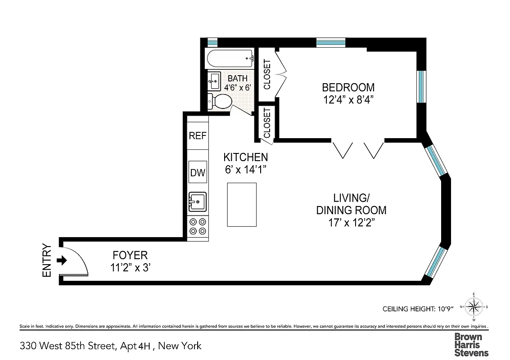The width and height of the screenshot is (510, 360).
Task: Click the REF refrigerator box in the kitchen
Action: point(198,135)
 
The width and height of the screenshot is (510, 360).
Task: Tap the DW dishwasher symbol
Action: point(198,172)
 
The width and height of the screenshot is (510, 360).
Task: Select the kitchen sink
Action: point(197,201)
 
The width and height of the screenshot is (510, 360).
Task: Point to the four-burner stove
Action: point(198,226)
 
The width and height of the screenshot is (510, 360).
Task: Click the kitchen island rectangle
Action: point(242,205)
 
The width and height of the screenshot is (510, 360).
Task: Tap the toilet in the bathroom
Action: point(220,101)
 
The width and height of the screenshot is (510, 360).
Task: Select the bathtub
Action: point(230,58)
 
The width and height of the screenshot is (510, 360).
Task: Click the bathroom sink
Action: point(214,81)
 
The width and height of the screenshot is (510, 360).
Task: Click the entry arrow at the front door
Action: point(63,260)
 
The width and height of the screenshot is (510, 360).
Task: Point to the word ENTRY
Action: point(47,260)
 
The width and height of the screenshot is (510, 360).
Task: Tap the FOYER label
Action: point(131,256)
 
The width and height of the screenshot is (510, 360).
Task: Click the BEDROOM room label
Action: point(348,87)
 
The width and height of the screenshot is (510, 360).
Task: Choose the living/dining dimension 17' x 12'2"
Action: point(351,222)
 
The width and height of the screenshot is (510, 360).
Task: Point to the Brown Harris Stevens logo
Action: point(471,344)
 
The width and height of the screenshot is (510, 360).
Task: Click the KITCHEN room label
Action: point(246,157)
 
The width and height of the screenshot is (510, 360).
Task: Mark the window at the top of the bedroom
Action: point(331,42)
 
